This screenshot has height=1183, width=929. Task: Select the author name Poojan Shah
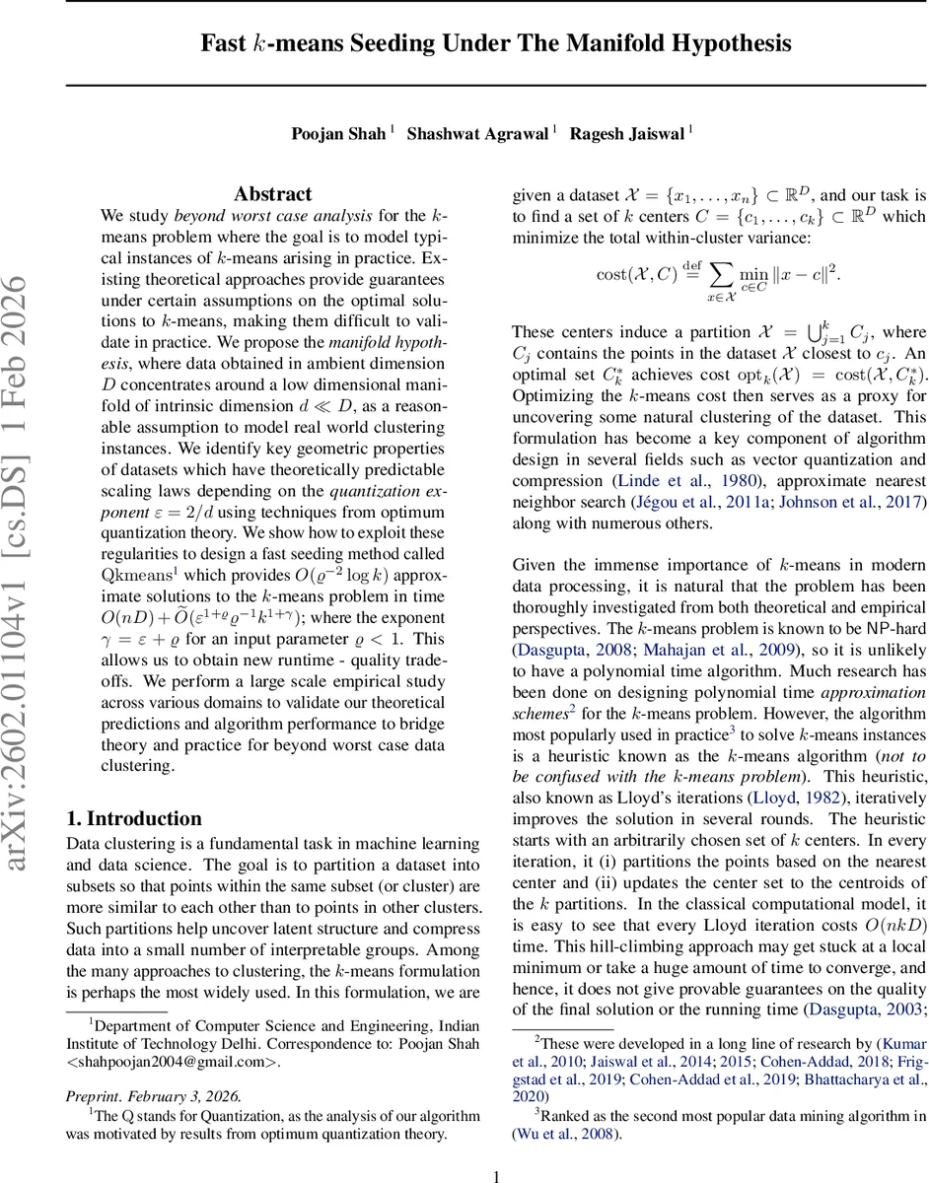(x=339, y=132)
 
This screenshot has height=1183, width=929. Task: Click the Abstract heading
(x=272, y=194)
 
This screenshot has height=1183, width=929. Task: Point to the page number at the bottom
(x=497, y=1176)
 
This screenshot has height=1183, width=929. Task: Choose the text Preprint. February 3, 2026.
(x=153, y=1068)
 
